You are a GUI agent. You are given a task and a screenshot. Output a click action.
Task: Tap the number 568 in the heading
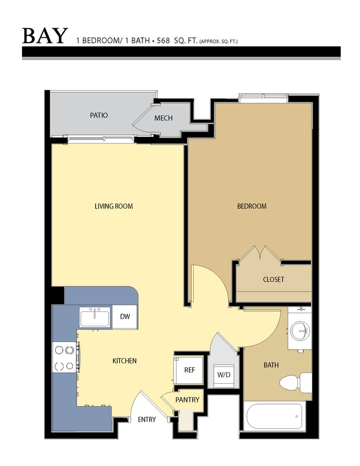click(x=163, y=40)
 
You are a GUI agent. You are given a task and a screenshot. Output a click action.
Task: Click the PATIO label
click(x=99, y=115)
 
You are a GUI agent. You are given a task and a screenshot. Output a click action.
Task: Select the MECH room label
click(x=163, y=118)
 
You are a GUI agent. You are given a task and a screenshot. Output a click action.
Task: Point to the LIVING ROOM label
click(x=114, y=206)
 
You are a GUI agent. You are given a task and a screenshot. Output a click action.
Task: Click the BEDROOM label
click(x=252, y=206)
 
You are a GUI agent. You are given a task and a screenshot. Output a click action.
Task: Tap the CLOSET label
click(x=273, y=279)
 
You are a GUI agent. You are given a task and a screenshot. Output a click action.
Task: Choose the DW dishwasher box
click(x=125, y=316)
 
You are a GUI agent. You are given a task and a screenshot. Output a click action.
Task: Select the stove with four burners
click(x=65, y=357)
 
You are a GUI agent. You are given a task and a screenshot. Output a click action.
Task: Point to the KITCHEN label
click(x=124, y=361)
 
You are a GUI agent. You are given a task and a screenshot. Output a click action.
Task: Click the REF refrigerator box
click(x=189, y=370)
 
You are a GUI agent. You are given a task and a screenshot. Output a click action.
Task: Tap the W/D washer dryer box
click(x=224, y=375)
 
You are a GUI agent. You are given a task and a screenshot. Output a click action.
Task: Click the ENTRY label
click(x=146, y=420)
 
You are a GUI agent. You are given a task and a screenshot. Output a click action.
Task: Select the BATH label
click(x=271, y=365)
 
